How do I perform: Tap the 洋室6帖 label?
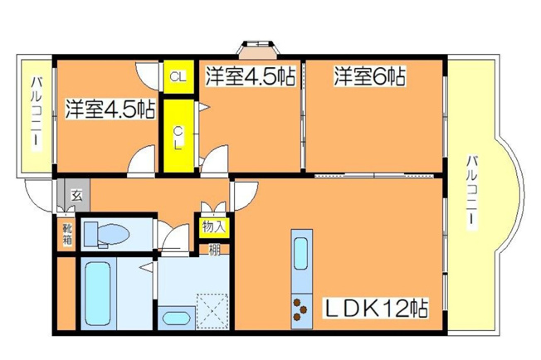tap(369, 77)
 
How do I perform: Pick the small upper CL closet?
tap(177, 77)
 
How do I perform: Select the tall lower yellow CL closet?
tap(178, 135)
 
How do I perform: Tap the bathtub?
tap(100, 293)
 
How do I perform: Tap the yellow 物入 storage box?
tap(212, 226)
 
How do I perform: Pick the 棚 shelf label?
tap(214, 247)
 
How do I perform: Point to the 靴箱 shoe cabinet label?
tap(66, 232)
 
